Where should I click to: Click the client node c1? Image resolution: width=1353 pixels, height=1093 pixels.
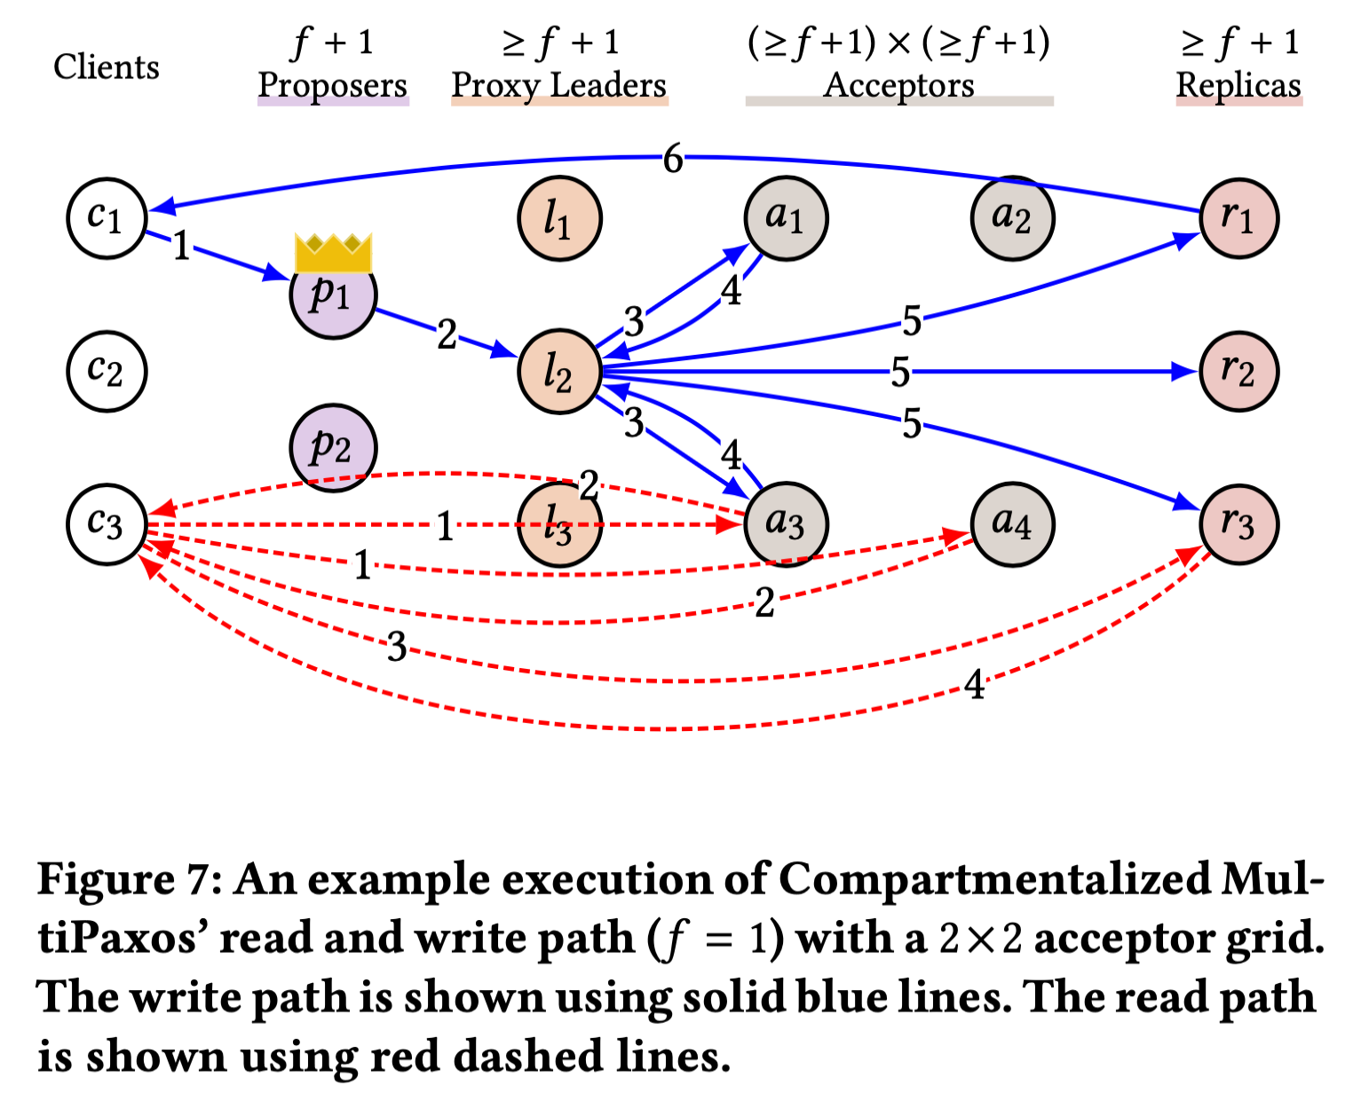tap(107, 218)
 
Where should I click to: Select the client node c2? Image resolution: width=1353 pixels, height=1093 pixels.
tap(107, 372)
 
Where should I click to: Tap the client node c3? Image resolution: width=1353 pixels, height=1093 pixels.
tap(107, 524)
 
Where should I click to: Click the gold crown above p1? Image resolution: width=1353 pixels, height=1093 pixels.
tap(333, 253)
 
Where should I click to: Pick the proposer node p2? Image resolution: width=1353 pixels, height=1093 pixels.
tap(333, 447)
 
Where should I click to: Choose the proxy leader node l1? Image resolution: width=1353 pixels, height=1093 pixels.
tap(559, 218)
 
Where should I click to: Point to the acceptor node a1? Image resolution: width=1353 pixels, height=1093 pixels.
tap(786, 218)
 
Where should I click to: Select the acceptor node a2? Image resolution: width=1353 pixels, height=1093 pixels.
tap(1012, 218)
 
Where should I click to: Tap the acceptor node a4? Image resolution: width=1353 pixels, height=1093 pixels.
tap(1012, 524)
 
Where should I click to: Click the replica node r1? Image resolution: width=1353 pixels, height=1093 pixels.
tap(1238, 218)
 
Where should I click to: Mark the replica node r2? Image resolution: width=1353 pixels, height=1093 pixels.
tap(1238, 372)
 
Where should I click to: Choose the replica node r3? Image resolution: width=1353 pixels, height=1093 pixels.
tap(1238, 524)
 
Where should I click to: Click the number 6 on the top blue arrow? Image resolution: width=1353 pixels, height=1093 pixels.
tap(673, 159)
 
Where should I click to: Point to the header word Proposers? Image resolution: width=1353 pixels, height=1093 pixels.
tap(333, 86)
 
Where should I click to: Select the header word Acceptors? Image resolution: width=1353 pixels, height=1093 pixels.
tap(898, 86)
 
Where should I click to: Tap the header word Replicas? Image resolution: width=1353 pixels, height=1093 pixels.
tap(1238, 86)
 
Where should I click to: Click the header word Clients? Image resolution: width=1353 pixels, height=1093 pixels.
tap(107, 67)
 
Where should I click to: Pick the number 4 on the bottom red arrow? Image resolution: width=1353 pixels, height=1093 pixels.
tap(974, 685)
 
